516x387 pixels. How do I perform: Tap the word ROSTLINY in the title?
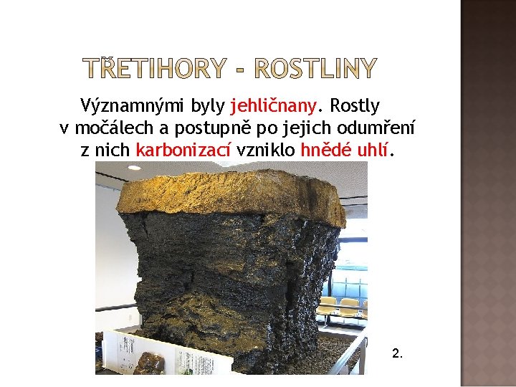[x=315, y=69]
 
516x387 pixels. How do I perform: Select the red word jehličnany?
[x=273, y=107]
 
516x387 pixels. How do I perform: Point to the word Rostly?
[x=354, y=107]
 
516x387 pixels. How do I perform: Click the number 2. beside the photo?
[x=398, y=353]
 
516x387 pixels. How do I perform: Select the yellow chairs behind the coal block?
[x=344, y=307]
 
